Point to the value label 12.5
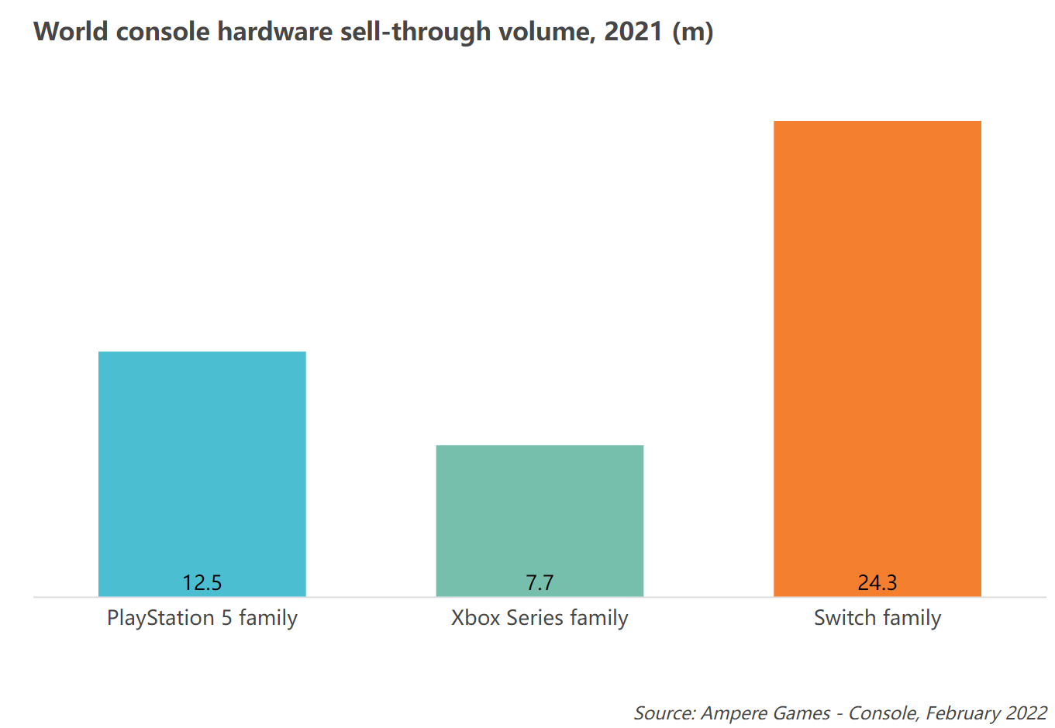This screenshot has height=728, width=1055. point(202,582)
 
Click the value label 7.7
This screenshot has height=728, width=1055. point(540,582)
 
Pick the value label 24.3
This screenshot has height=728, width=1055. point(877,582)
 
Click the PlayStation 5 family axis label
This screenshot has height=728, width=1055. point(202,618)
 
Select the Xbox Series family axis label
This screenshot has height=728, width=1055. point(540,618)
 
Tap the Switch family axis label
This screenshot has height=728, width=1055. point(877,618)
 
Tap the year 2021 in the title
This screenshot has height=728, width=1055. point(633,32)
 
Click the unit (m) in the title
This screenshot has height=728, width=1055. point(693,32)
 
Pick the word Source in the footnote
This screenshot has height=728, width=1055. point(664,713)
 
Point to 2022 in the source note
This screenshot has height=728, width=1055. point(1026,713)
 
